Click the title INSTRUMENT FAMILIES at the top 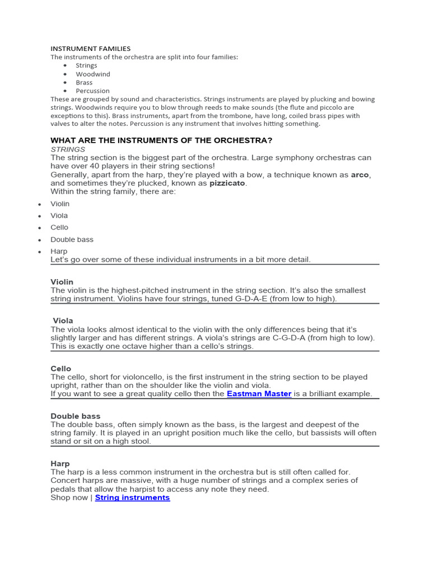click(x=91, y=49)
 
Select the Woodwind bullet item click(x=93, y=74)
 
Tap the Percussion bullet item click(x=93, y=91)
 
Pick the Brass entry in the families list click(x=85, y=82)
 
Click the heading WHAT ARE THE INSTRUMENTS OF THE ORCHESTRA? click(x=161, y=140)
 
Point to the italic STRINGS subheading click(x=68, y=149)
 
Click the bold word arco click(x=360, y=175)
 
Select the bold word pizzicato click(x=227, y=183)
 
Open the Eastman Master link click(x=259, y=394)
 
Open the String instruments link click(x=132, y=497)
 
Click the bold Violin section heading click(x=62, y=282)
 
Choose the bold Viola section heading click(x=63, y=321)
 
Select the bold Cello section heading click(x=61, y=369)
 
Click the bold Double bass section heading click(x=76, y=416)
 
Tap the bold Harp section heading click(x=60, y=464)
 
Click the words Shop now click(x=69, y=497)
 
